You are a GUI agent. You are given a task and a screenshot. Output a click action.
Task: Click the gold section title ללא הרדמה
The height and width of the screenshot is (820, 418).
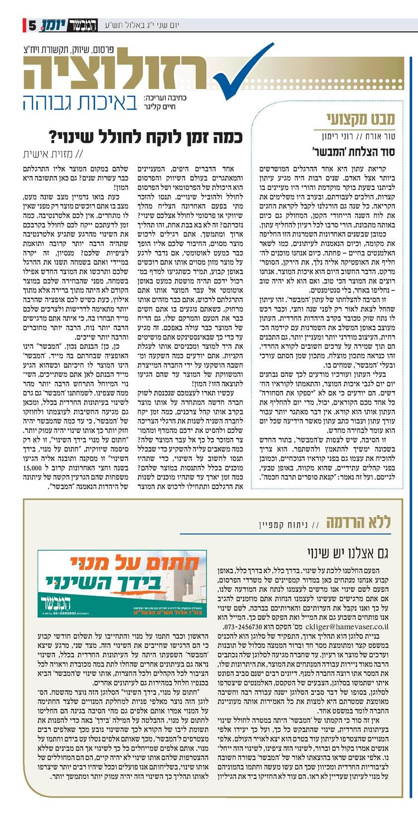(x=358, y=521)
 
